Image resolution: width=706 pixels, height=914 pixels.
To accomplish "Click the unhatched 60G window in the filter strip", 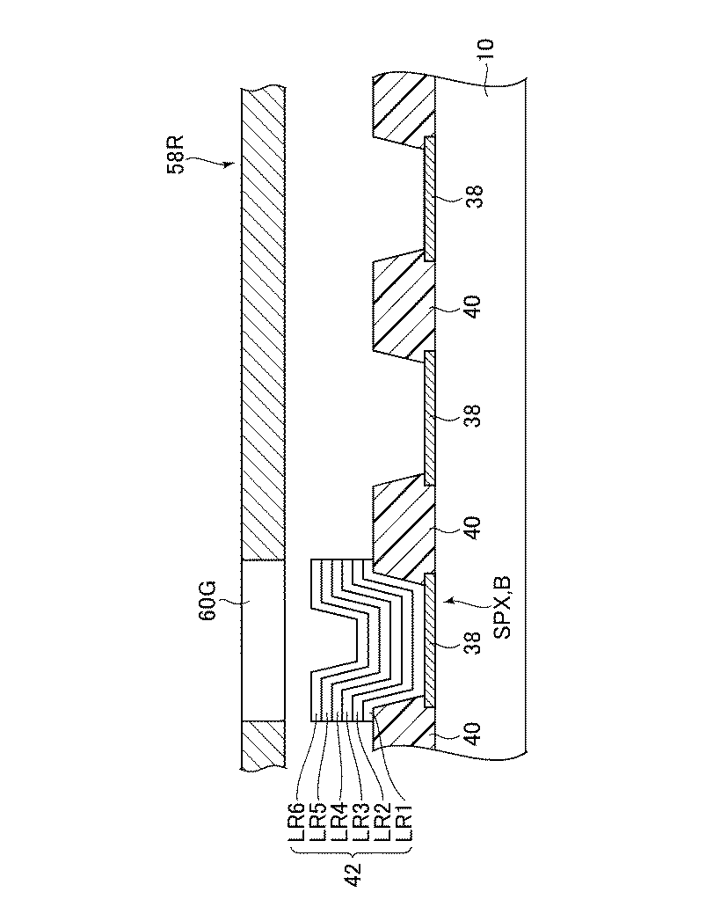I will click(262, 640).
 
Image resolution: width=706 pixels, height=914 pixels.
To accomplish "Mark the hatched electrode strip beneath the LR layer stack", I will click(428, 640).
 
